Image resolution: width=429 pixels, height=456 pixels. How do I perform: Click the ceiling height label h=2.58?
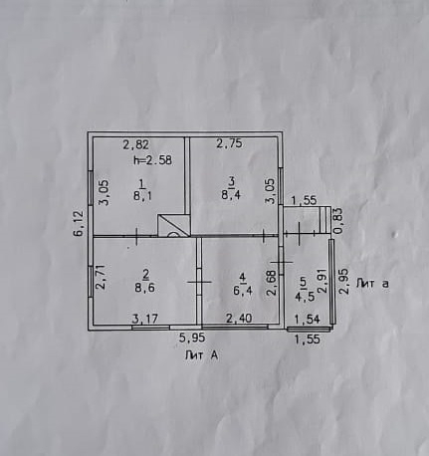[152, 160]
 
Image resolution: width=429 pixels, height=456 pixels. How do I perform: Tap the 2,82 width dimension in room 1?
[136, 144]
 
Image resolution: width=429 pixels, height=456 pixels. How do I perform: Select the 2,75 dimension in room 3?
[230, 143]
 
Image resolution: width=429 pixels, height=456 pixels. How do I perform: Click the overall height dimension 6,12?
[80, 224]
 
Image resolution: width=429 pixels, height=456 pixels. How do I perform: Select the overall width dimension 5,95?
[192, 339]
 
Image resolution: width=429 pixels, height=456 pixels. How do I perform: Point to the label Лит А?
[202, 355]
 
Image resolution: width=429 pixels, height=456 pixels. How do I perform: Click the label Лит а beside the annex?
[372, 284]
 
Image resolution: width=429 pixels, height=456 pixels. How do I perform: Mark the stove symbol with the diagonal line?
[173, 225]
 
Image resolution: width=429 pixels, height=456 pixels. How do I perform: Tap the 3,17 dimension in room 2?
[145, 319]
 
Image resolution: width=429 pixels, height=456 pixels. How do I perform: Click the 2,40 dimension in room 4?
[239, 319]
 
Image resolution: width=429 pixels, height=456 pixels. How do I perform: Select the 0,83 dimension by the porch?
[338, 221]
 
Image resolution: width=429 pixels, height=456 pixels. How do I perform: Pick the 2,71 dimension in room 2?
[101, 277]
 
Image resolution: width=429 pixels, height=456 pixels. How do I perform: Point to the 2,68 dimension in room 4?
[272, 282]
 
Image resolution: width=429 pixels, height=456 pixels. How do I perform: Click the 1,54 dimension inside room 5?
[308, 319]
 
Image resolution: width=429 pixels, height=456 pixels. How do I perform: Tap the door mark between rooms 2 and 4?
[199, 282]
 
